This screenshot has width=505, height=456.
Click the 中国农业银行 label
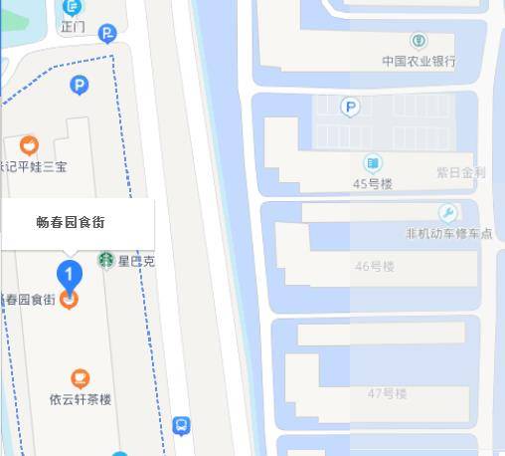point(419,61)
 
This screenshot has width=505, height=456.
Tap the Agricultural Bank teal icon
point(419,41)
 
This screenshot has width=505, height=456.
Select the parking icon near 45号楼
point(349,107)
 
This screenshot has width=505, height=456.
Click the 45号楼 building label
point(373,183)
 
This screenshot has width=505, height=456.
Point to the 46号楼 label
point(375,266)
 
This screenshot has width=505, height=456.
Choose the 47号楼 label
point(388,393)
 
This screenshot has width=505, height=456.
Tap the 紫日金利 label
point(460,172)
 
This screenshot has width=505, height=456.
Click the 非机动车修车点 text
point(448,233)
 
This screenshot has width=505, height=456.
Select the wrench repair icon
point(447,213)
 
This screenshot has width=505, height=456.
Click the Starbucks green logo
point(104,261)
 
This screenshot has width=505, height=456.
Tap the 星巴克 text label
point(136,262)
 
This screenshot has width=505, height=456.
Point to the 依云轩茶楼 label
point(81,399)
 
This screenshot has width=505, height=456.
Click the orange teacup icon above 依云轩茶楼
point(80,378)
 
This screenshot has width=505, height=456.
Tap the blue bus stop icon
point(181,426)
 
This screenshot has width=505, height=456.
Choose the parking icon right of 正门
point(107,34)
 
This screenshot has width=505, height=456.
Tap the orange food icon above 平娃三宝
point(29,145)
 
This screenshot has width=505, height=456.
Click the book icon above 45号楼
point(373,163)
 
